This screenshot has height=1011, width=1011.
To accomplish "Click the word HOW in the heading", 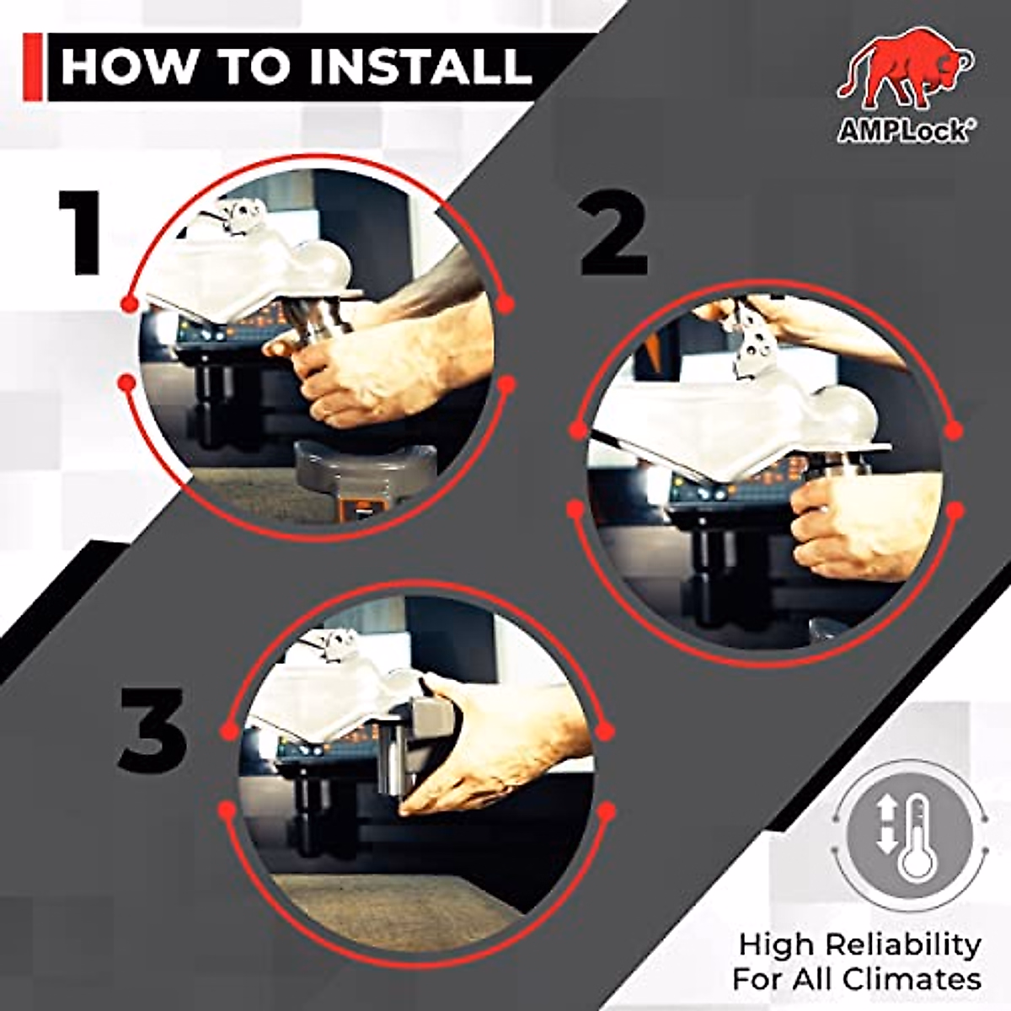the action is point(126,67).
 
